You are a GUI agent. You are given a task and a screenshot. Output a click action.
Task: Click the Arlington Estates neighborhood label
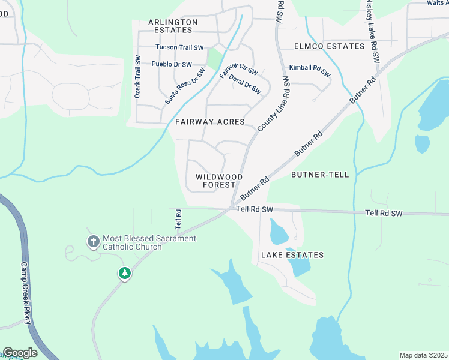[173, 26]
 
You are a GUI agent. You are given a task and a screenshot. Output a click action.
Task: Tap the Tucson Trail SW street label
[179, 47]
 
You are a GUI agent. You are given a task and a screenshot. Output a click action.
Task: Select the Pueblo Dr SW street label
[172, 64]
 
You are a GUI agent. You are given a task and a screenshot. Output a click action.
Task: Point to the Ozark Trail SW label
[137, 77]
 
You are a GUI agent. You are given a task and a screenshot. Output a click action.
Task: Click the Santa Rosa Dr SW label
[185, 86]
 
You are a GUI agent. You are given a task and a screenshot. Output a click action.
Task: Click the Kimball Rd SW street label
[310, 71]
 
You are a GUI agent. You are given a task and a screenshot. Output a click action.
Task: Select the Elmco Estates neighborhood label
[329, 46]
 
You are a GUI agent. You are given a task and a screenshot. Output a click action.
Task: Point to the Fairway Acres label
[210, 122]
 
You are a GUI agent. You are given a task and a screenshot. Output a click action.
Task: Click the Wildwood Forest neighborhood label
[219, 181]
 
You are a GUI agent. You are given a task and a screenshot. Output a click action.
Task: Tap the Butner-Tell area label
[319, 175]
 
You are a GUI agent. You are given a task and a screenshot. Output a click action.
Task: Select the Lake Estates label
[292, 255]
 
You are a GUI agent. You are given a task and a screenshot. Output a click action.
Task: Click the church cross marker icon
[93, 242]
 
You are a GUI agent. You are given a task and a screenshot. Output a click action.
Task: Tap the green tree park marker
[124, 274]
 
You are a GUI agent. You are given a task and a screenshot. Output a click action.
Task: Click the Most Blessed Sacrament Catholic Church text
[149, 242]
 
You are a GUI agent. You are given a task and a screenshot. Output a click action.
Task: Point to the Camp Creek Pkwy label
[26, 293]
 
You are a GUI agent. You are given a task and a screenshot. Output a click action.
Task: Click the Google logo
[20, 353]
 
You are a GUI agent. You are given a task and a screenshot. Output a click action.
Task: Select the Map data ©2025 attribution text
[423, 355]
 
